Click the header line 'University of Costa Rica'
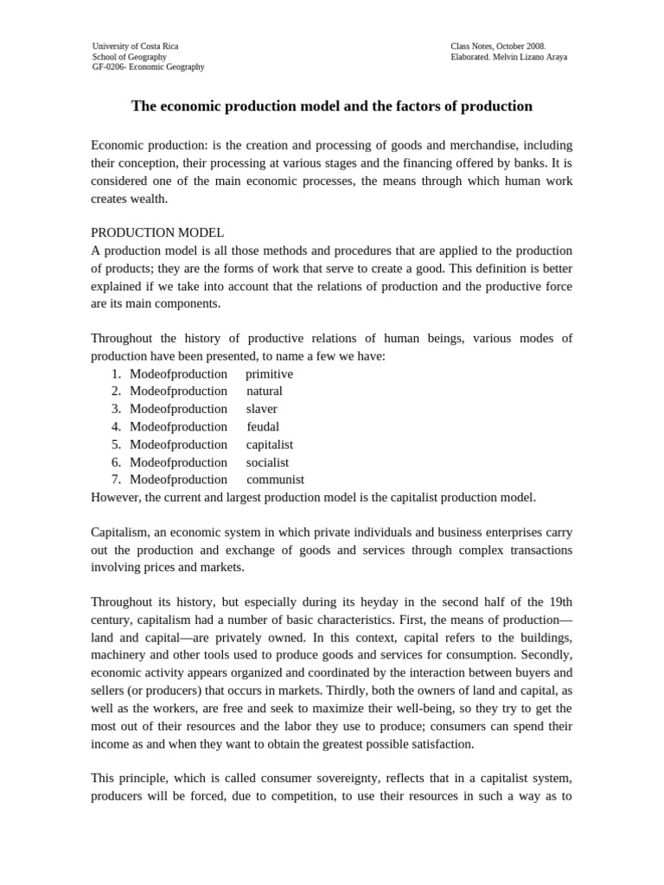(x=135, y=46)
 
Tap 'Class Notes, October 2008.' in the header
(x=498, y=46)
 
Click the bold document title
(x=331, y=106)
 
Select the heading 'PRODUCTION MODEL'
(x=157, y=232)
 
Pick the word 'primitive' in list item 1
(x=269, y=373)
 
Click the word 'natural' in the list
(x=264, y=391)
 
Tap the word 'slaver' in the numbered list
(x=262, y=409)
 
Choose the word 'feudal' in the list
(x=263, y=426)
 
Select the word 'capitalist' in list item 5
(x=270, y=444)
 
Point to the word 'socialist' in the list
(x=267, y=462)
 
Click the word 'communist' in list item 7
(x=275, y=480)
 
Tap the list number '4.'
(x=116, y=426)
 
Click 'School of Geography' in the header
(x=130, y=56)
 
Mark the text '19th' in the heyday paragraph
(x=560, y=602)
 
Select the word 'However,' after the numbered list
(x=116, y=497)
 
